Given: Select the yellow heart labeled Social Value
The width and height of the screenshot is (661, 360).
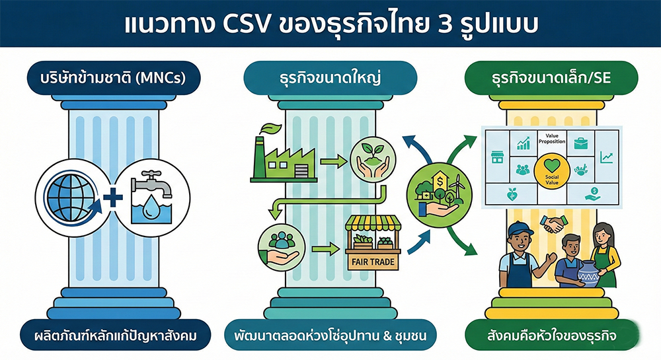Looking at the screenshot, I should point(551,170).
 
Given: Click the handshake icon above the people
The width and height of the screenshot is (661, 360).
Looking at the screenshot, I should point(551,225).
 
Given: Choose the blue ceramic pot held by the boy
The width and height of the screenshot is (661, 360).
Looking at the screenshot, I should point(588,272).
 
